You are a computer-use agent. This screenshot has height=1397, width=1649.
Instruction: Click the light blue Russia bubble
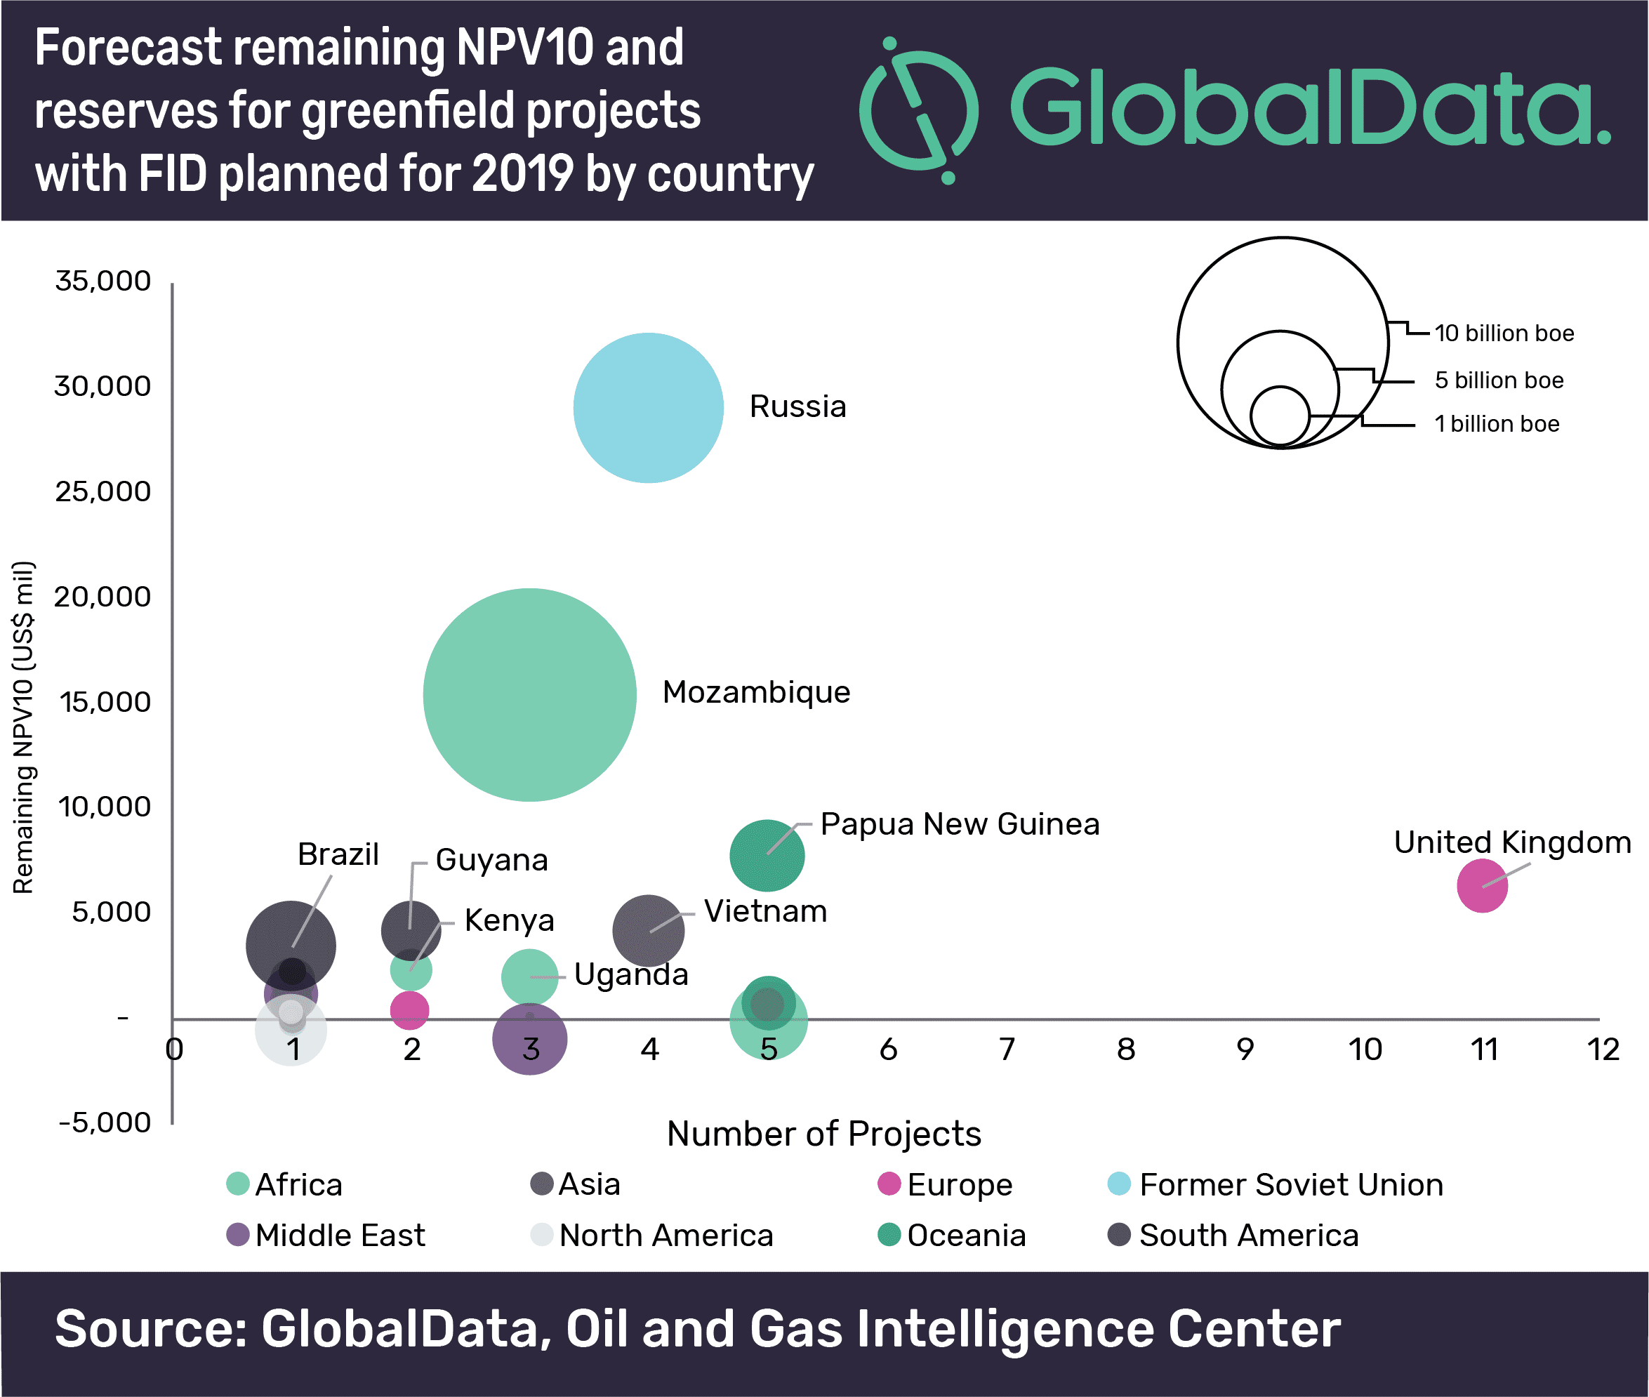(648, 408)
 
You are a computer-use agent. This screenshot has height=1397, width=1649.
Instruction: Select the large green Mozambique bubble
(529, 694)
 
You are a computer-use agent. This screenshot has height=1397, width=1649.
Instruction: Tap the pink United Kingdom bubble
(1482, 885)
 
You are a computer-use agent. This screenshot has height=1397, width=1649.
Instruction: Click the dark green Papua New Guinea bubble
(767, 856)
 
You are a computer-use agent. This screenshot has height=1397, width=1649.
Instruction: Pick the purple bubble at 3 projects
(529, 1039)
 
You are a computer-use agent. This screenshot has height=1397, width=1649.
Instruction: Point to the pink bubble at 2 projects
(409, 1010)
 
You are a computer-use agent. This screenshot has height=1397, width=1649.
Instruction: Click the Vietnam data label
(765, 911)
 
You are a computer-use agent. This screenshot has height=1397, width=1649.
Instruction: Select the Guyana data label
(492, 860)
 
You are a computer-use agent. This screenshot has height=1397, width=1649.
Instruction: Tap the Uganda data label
(631, 975)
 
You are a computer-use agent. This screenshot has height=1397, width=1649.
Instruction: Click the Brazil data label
(338, 854)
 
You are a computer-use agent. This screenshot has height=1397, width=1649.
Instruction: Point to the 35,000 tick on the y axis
(103, 281)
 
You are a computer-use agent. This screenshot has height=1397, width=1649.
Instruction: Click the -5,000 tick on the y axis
(105, 1123)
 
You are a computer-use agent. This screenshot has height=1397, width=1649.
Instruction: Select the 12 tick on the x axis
(1603, 1050)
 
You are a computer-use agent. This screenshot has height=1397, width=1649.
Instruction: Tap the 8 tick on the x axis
(1125, 1050)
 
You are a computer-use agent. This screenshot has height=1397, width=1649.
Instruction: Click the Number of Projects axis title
(823, 1134)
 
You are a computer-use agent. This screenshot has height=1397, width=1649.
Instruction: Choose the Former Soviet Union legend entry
(1275, 1185)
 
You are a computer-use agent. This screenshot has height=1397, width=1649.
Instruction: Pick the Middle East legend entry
(326, 1236)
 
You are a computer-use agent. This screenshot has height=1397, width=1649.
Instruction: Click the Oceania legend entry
(952, 1236)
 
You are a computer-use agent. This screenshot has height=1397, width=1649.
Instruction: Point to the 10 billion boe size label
(1504, 333)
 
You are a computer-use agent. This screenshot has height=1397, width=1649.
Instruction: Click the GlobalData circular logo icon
(919, 111)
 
